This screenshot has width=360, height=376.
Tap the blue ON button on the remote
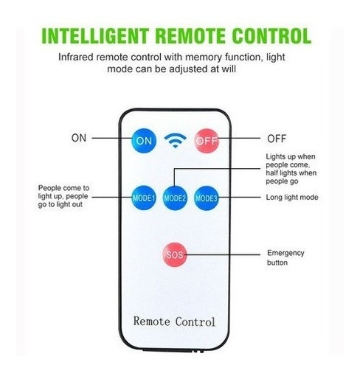click(144, 141)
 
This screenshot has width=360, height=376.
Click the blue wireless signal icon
click(175, 140)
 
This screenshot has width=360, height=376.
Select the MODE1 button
click(144, 198)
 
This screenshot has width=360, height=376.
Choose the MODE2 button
click(175, 198)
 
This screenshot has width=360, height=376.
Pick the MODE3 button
click(207, 198)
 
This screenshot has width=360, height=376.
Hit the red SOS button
click(175, 254)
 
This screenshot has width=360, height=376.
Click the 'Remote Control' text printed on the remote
click(174, 321)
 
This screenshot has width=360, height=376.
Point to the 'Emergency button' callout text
click(285, 257)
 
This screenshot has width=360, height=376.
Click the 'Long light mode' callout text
click(292, 197)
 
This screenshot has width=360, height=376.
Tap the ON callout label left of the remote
click(79, 138)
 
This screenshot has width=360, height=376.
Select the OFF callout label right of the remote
click(277, 139)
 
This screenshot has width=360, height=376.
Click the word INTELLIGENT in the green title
click(95, 35)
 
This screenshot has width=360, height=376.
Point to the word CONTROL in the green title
click(271, 35)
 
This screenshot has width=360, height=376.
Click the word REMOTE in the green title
click(190, 35)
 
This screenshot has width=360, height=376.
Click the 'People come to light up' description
click(63, 196)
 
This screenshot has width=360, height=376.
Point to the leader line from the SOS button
click(222, 254)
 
